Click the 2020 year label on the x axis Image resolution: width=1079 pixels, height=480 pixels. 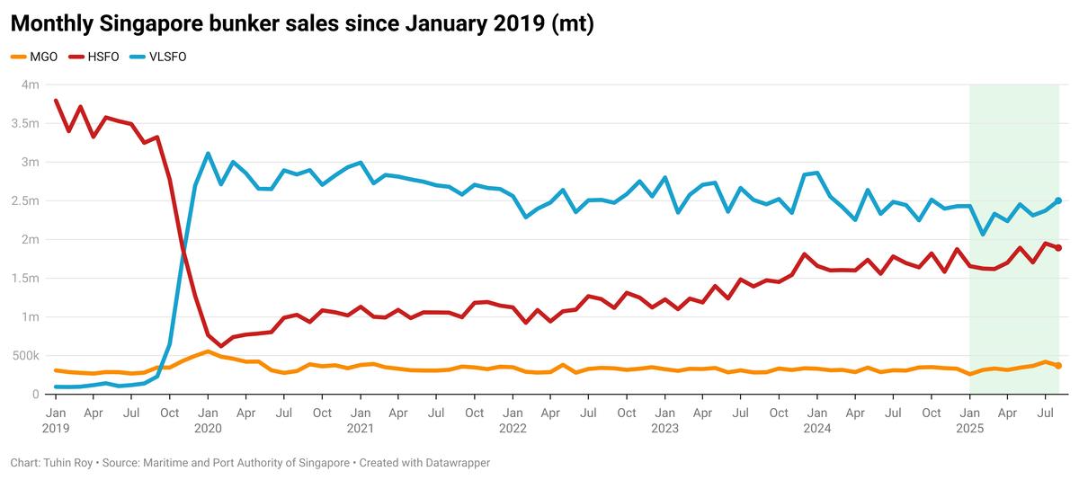click(208, 429)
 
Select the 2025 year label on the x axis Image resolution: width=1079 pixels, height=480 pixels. click(969, 429)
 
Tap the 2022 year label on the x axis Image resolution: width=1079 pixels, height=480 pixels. click(513, 429)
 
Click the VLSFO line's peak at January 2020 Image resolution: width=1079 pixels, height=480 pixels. click(208, 154)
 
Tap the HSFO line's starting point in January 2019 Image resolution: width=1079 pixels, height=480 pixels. click(56, 101)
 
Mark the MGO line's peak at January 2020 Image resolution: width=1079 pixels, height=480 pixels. click(208, 351)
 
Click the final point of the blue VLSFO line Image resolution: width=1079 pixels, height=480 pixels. click(1058, 200)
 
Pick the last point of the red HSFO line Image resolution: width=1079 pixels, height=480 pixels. click(1058, 248)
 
